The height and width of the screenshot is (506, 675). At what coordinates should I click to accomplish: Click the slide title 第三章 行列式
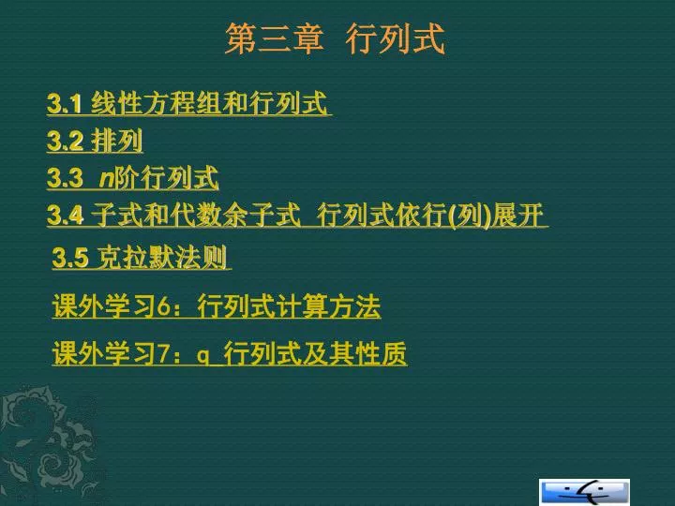(335, 39)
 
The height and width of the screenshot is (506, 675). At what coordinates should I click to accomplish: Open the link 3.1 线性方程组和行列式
(189, 104)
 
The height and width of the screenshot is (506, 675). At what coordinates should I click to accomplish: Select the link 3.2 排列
(95, 141)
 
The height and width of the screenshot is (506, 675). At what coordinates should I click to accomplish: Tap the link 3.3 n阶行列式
(133, 178)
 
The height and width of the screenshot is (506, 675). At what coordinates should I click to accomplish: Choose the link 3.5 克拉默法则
(142, 258)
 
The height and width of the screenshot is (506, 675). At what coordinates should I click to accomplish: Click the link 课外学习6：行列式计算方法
(217, 306)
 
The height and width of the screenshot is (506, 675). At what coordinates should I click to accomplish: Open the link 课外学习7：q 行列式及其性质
(230, 353)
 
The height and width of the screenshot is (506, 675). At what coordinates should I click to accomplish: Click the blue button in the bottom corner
(584, 492)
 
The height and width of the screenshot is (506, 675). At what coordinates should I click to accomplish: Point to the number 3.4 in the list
(65, 216)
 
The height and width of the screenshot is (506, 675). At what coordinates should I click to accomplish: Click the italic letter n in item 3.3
(106, 179)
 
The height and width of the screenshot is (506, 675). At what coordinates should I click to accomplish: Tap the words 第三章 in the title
(274, 39)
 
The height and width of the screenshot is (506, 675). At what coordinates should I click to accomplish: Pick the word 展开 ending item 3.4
(518, 215)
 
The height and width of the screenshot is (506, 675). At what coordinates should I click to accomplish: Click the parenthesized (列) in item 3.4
(470, 216)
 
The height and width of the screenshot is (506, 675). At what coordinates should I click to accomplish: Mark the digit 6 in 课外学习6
(164, 307)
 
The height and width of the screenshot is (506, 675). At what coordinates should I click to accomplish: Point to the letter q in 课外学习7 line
(203, 356)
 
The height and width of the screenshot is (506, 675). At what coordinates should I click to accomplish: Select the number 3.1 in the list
(64, 104)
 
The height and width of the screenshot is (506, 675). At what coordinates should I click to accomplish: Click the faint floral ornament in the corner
(48, 443)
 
